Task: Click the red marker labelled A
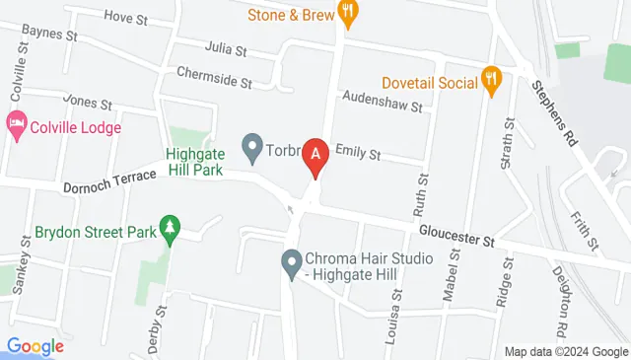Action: (315, 155)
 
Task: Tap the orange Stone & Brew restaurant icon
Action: (347, 13)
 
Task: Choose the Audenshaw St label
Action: (382, 99)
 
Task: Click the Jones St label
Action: (89, 100)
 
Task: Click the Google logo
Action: (35, 346)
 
